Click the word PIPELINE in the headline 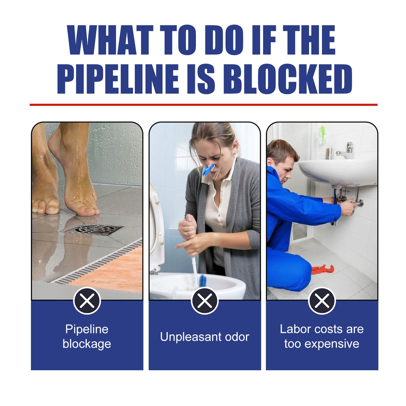tap(118, 79)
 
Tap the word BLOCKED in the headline tap(287, 79)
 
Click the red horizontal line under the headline tap(203, 105)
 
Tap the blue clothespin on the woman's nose tap(208, 170)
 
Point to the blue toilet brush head tap(203, 280)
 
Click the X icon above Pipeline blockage tap(87, 301)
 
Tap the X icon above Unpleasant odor tap(205, 301)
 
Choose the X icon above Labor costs tap(322, 301)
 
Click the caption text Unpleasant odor tap(205, 337)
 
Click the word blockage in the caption tap(87, 344)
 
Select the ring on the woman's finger tap(186, 234)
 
